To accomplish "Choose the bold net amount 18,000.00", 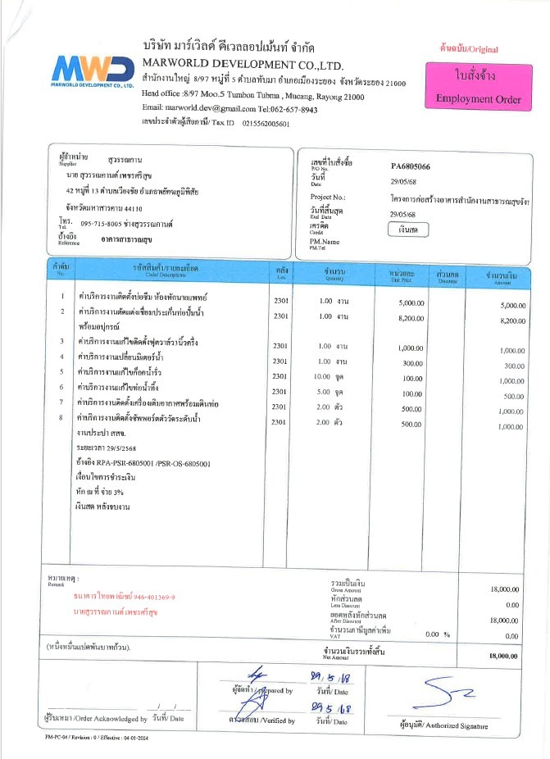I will [504, 656].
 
